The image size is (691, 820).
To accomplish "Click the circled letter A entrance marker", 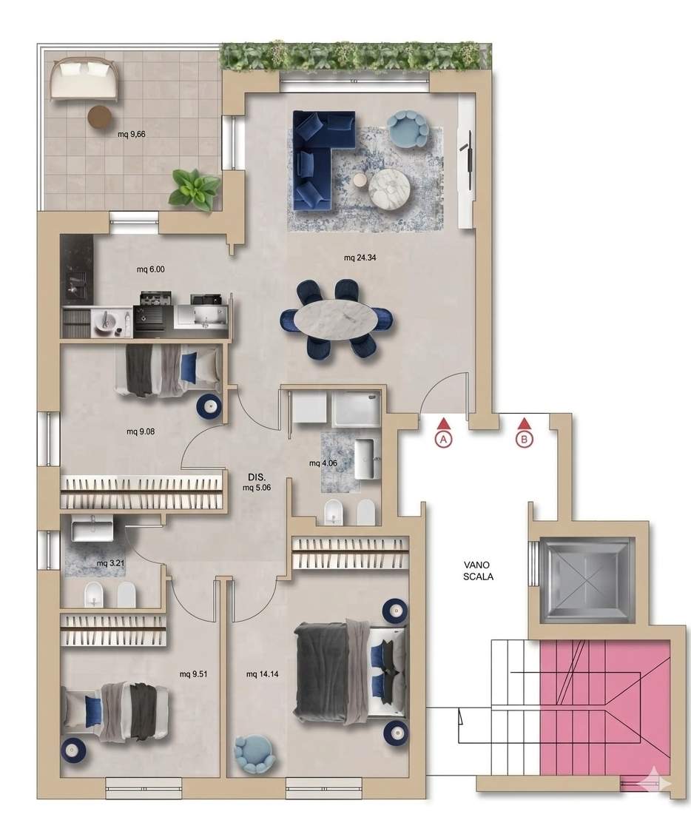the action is point(443,439).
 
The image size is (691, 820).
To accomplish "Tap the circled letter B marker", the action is point(525,439).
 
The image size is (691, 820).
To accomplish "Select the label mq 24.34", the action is point(360,258).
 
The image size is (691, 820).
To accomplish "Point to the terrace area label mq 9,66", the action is point(131,134).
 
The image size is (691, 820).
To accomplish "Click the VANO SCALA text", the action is point(478,571).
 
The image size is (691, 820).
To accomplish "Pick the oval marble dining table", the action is point(335,317).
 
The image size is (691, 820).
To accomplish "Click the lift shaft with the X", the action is point(584,580).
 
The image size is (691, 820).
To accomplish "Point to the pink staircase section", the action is point(604,710).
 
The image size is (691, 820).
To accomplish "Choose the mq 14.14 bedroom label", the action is point(262,674).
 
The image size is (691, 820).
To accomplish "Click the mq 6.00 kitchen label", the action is point(150,269).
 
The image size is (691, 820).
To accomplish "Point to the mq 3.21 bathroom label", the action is point(111,563).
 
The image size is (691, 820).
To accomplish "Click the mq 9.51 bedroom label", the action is point(193,674).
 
